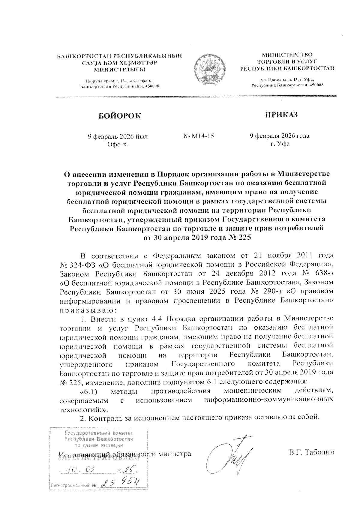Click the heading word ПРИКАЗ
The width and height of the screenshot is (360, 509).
click(281, 115)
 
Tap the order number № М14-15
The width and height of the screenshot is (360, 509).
click(198, 136)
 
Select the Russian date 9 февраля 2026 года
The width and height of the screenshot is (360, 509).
click(280, 136)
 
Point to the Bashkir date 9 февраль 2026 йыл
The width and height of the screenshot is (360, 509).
click(117, 136)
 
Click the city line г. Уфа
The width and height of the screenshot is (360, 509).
click(280, 144)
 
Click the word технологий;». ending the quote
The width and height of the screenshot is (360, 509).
click(84, 409)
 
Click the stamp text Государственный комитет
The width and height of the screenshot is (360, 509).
click(99, 433)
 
